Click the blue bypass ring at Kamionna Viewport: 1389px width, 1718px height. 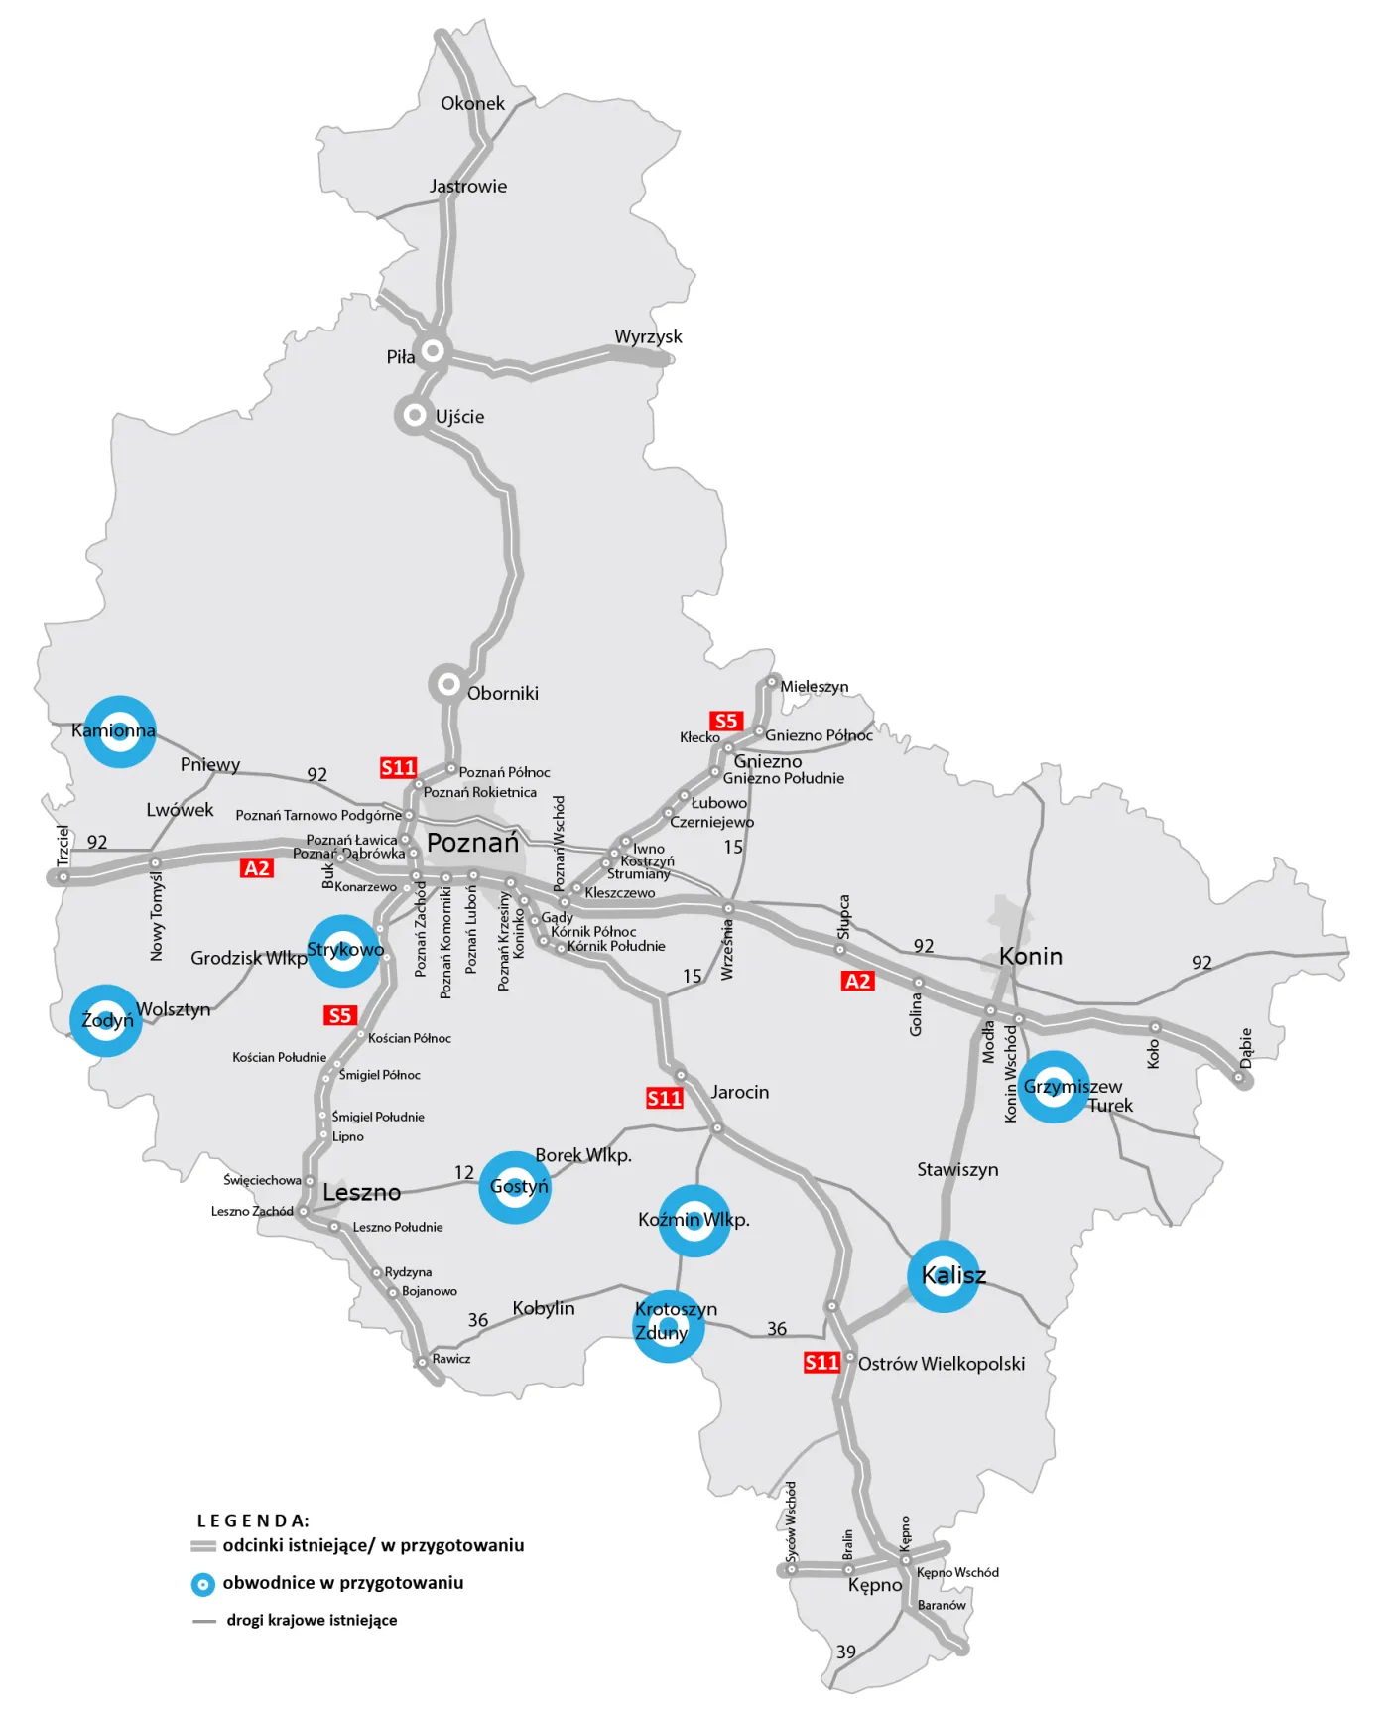pos(119,731)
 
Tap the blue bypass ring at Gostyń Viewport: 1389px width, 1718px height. pos(514,1187)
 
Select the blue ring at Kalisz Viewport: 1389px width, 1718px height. pos(944,1276)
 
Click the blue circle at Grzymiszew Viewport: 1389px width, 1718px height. pos(1054,1087)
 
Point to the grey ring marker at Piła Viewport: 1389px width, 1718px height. pos(433,350)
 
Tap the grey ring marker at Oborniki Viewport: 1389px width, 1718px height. pos(448,684)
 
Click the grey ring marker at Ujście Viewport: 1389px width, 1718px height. pos(415,415)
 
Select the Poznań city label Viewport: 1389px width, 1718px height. pos(472,843)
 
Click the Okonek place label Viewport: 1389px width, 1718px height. pos(472,103)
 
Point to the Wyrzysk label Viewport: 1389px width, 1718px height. pos(648,336)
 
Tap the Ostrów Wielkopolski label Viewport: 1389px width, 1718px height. pos(941,1364)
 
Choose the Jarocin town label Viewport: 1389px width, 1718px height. pos(739,1092)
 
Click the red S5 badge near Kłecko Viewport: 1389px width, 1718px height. pos(725,721)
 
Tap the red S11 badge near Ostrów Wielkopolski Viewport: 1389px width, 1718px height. pos(821,1362)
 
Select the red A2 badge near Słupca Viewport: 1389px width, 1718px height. pos(857,981)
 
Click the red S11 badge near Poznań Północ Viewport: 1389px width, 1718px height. pos(398,767)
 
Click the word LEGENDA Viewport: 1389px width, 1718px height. pos(253,1520)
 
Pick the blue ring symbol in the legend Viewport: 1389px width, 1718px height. pos(202,1584)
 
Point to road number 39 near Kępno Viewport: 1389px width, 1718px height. pos(845,1652)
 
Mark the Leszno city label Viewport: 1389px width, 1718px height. pos(361,1192)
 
